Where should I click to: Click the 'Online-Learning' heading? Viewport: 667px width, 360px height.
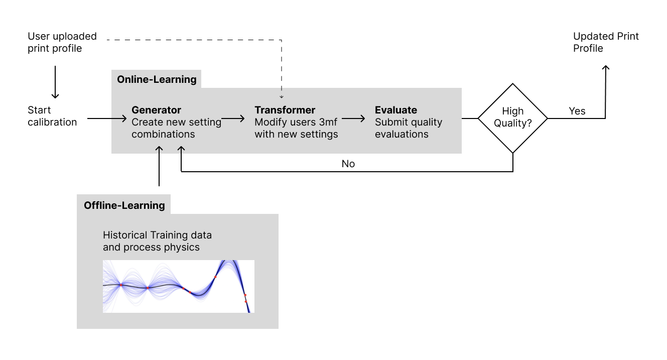[x=157, y=79]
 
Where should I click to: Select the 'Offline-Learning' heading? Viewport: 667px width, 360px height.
[x=124, y=205]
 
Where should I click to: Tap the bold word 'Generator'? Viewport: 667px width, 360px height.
[x=156, y=110]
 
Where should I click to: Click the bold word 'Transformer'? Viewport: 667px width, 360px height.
[x=285, y=110]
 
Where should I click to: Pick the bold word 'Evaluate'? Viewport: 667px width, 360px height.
[x=396, y=110]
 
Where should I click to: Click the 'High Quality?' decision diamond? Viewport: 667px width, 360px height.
[x=513, y=84]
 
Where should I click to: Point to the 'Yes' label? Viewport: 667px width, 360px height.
[x=577, y=111]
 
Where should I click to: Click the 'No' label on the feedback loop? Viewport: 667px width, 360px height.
[x=348, y=164]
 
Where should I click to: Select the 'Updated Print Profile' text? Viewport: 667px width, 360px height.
[x=606, y=42]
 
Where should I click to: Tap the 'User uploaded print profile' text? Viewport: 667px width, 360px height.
[x=62, y=42]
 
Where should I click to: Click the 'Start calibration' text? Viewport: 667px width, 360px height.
[x=52, y=116]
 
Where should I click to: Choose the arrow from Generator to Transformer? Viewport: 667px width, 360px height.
[x=233, y=118]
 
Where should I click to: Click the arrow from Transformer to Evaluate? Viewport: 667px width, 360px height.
[x=353, y=118]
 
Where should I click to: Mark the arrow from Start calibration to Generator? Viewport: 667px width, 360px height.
[x=107, y=118]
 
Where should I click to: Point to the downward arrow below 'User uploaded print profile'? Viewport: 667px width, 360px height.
[x=55, y=82]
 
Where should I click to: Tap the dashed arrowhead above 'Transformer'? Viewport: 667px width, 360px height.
[x=282, y=97]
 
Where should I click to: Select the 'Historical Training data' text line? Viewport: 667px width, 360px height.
[x=157, y=235]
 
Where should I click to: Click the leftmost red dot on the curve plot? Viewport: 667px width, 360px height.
[x=121, y=285]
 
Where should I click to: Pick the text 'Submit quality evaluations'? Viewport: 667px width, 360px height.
[x=409, y=128]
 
